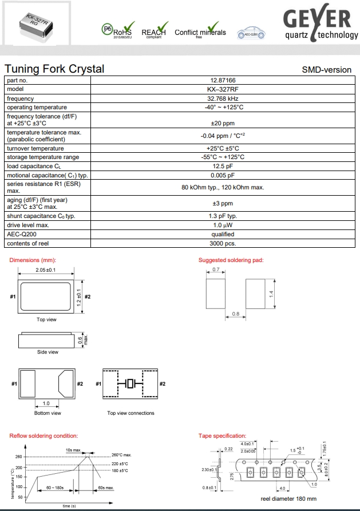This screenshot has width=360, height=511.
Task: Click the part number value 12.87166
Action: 223,80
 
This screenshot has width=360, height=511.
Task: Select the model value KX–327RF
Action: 223,89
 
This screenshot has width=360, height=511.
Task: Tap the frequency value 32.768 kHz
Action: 223,98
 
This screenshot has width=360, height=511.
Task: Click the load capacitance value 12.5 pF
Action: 223,166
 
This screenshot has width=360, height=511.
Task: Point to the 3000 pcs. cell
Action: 223,243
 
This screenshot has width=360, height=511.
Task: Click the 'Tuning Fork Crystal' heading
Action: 54,69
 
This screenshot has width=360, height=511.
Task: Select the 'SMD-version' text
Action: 326,70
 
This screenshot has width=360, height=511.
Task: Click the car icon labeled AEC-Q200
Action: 250,33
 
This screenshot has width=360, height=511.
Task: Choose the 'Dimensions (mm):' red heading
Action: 33,260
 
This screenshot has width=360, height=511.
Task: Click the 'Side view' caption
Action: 48,352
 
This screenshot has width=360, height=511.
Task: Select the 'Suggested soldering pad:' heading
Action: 231,260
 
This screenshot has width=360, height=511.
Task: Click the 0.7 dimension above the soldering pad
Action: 216,269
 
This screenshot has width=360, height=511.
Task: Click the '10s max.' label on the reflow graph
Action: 73,450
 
